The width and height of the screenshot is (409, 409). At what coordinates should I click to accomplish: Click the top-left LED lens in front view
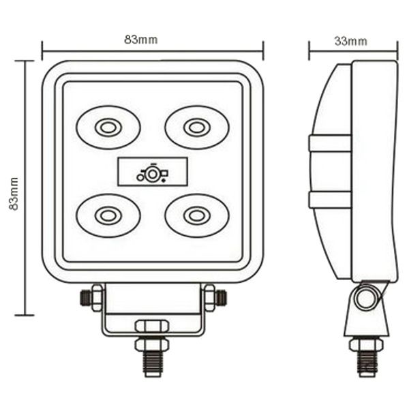pyautogui.click(x=108, y=127)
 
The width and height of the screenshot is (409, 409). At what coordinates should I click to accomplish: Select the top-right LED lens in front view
pyautogui.click(x=196, y=127)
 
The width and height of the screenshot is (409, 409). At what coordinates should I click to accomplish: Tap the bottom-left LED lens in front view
pyautogui.click(x=108, y=215)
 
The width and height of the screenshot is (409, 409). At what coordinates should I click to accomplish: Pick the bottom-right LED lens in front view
pyautogui.click(x=196, y=215)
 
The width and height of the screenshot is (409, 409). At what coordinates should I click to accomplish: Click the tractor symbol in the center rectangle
pyautogui.click(x=152, y=174)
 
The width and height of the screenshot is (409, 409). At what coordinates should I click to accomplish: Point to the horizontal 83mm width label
pyautogui.click(x=140, y=40)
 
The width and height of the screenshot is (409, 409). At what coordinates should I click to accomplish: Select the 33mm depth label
pyautogui.click(x=350, y=41)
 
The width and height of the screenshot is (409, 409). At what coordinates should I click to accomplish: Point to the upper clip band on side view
pyautogui.click(x=330, y=143)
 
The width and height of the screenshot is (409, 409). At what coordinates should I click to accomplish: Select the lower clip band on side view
pyautogui.click(x=330, y=199)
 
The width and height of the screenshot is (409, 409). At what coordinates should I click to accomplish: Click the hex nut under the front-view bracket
pyautogui.click(x=152, y=327)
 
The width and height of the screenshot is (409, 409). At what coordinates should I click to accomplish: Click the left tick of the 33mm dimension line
pyautogui.click(x=309, y=50)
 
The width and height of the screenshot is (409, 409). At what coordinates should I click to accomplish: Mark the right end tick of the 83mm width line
pyautogui.click(x=263, y=50)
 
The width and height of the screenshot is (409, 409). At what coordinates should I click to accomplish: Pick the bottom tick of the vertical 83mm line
pyautogui.click(x=25, y=315)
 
